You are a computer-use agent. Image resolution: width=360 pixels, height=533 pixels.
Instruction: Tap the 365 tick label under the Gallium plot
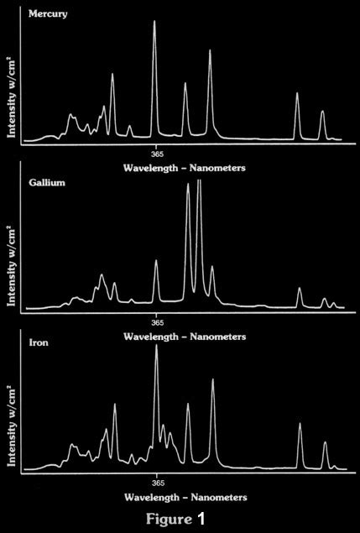click(x=157, y=321)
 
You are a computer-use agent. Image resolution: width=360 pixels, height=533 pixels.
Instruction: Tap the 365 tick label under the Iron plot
click(x=157, y=484)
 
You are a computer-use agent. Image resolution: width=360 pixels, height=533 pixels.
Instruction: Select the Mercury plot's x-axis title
click(x=184, y=168)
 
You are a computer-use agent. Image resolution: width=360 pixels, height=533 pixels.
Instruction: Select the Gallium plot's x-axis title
click(x=184, y=336)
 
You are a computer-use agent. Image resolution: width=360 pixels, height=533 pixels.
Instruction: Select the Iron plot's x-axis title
click(x=184, y=499)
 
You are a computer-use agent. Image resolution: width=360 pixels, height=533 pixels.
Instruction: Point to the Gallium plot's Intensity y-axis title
click(x=11, y=267)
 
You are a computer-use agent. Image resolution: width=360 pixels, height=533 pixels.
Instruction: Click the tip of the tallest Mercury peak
click(x=154, y=21)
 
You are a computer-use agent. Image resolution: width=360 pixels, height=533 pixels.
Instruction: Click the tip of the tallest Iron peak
click(x=157, y=345)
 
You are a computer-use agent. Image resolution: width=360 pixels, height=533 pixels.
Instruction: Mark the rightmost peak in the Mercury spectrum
click(x=322, y=111)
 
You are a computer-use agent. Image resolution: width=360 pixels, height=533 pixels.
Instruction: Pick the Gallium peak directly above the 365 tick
click(x=156, y=261)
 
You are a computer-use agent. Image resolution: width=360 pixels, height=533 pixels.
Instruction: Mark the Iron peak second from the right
click(x=300, y=424)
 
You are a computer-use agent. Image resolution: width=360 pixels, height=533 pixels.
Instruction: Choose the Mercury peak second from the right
click(x=297, y=93)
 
